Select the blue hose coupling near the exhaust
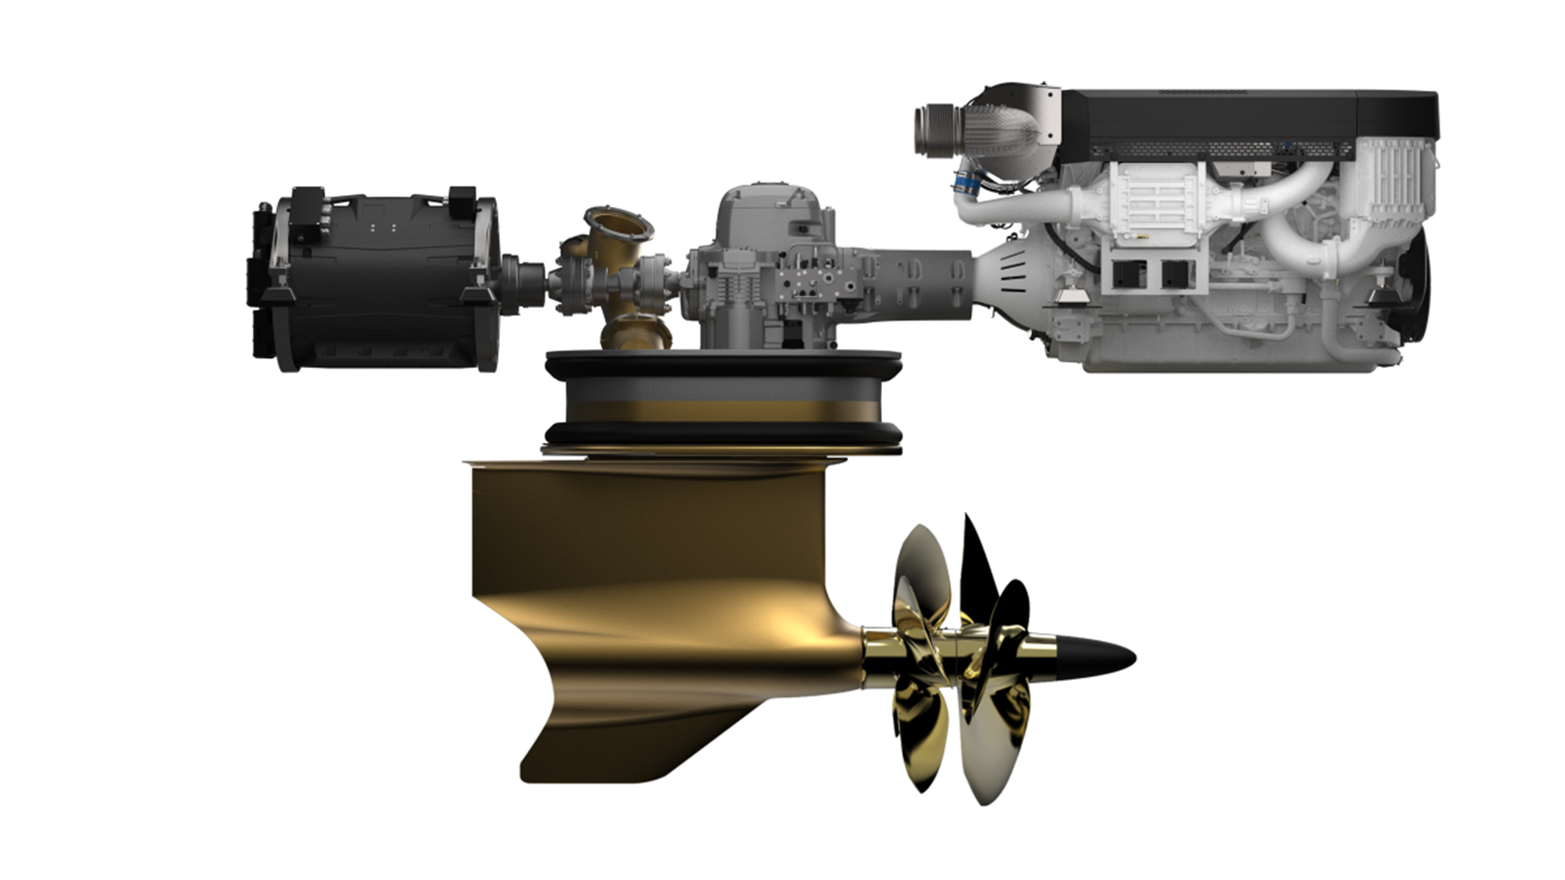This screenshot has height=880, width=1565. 966,185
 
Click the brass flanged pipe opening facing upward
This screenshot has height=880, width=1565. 618,224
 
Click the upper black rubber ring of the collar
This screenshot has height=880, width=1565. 722,366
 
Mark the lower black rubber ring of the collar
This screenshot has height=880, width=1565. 722,435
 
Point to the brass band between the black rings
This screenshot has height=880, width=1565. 722,412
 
